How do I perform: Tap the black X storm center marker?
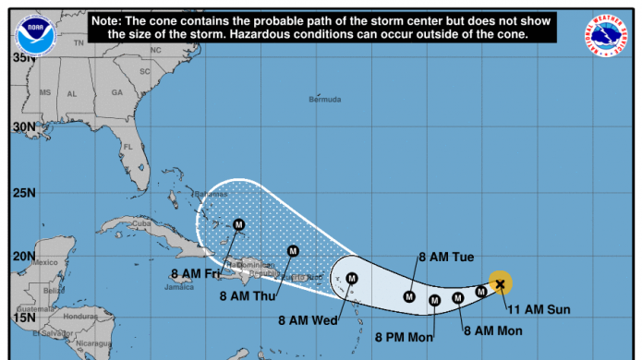point(500,284)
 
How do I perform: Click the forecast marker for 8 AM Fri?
point(238,223)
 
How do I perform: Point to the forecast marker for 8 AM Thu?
point(293,250)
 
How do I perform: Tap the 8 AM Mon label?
point(492,330)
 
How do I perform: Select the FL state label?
point(129,147)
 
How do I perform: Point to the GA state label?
point(117,93)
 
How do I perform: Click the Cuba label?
point(140,223)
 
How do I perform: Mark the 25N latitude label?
point(21,193)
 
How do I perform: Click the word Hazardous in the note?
point(324,33)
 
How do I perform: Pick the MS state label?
point(44,93)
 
